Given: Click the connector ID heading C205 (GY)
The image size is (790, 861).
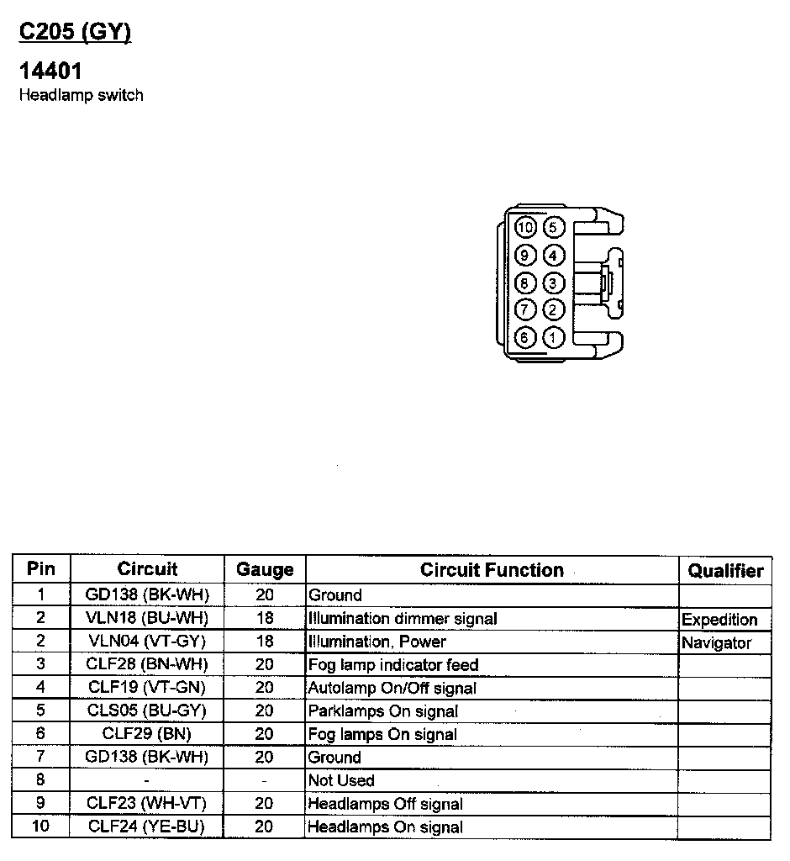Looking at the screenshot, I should coord(75,32).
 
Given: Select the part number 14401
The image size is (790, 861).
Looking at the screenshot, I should coord(50,71).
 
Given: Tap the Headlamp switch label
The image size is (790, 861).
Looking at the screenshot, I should coord(81,95).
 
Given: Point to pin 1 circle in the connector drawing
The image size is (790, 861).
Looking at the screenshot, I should coord(553,338).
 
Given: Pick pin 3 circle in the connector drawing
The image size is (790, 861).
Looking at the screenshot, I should coord(553,283).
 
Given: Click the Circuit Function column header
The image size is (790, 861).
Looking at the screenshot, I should coord(492,570).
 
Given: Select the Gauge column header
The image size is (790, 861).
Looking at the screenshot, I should coord(265,570).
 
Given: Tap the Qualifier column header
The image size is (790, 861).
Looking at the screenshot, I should coord(725,571).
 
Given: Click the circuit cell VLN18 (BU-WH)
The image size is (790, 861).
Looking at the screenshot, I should coord(147,618).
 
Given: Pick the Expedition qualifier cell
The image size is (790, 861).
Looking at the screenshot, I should coord(719,620).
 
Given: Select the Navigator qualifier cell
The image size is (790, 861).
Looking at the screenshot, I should coord(716,643).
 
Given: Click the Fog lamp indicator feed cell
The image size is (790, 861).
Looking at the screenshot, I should coord(393,665).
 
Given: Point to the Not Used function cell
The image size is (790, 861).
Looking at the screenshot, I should coord(341,780).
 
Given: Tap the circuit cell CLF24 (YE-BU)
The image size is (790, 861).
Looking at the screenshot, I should coord(147,827).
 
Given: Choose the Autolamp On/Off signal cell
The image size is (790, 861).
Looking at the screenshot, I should coord(392,688).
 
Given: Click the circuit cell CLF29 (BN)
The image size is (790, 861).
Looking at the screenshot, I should coord(147,734).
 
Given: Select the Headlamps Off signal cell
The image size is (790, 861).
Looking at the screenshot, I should coord(386,804).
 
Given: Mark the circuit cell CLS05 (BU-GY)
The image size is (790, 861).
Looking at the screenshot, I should coord(147,710).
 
